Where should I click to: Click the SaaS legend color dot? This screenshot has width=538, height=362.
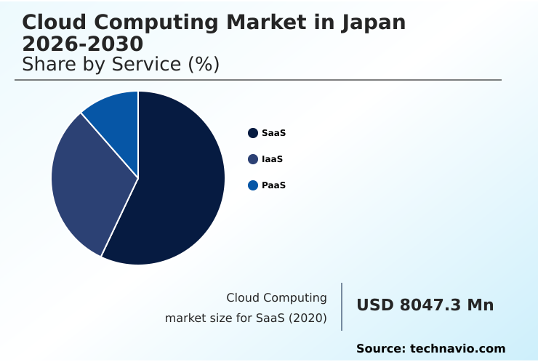[253, 133]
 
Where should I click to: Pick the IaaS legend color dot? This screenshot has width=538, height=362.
[253, 159]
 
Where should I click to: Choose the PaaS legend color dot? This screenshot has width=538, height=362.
[253, 185]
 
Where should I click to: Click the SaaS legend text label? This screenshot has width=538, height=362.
[273, 133]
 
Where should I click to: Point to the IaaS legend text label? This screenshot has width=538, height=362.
[272, 159]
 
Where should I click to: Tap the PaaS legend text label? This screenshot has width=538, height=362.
[273, 185]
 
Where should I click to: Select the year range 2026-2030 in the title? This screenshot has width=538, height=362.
[82, 44]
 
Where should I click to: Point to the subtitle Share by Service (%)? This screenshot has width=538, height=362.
[121, 64]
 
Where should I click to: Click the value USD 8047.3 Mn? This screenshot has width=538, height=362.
[425, 305]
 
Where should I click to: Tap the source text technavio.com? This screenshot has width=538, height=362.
[457, 349]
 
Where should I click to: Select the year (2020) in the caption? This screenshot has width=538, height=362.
[309, 318]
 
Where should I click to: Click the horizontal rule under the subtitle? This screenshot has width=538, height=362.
[258, 80]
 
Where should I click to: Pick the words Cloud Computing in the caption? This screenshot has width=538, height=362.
[276, 297]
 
